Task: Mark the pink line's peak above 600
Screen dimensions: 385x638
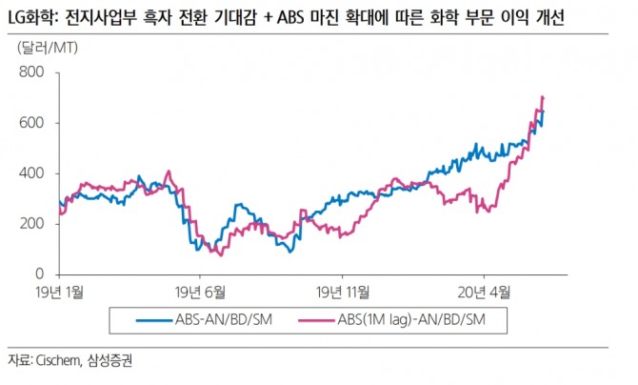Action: (543, 97)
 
